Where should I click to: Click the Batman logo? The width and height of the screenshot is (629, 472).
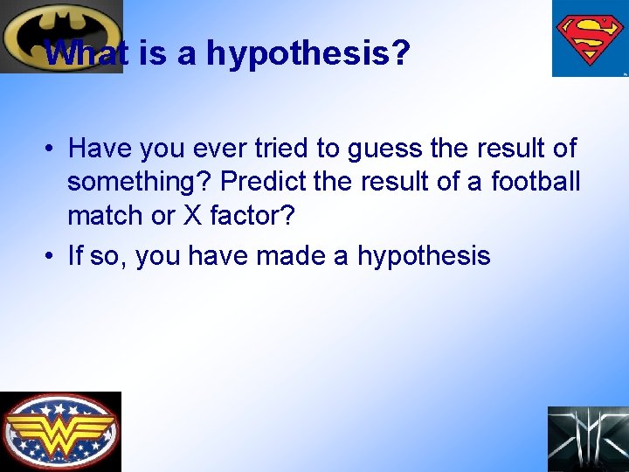tap(61, 37)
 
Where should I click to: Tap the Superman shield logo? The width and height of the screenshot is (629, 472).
tap(590, 38)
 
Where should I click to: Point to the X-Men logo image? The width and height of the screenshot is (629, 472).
tap(588, 439)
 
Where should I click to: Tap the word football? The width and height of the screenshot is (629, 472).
tap(536, 182)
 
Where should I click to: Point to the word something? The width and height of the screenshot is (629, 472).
tap(140, 182)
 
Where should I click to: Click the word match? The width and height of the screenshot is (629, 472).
tap(112, 214)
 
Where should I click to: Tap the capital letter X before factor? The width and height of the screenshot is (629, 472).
tap(193, 214)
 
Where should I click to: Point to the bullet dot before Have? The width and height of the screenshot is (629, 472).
tap(52, 149)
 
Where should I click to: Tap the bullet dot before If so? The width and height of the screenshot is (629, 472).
tap(52, 256)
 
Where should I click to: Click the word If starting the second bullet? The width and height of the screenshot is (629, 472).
tap(75, 256)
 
